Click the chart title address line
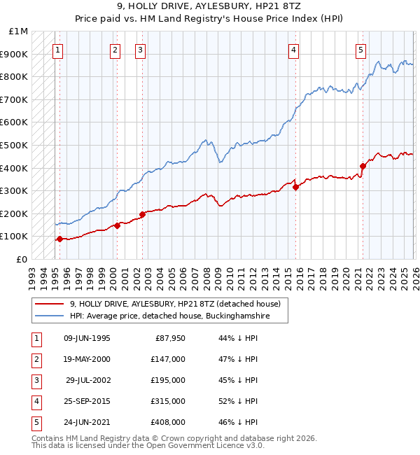(209, 8)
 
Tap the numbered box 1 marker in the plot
(57, 50)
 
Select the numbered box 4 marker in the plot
(293, 50)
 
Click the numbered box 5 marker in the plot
(360, 50)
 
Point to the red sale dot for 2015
(295, 187)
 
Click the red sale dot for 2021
(363, 166)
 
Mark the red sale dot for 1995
(59, 239)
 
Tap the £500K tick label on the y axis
(14, 145)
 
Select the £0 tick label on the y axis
(21, 259)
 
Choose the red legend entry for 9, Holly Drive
(175, 304)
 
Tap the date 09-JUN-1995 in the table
(87, 338)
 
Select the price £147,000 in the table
(167, 359)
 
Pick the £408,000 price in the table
(167, 422)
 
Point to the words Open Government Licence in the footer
(196, 445)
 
